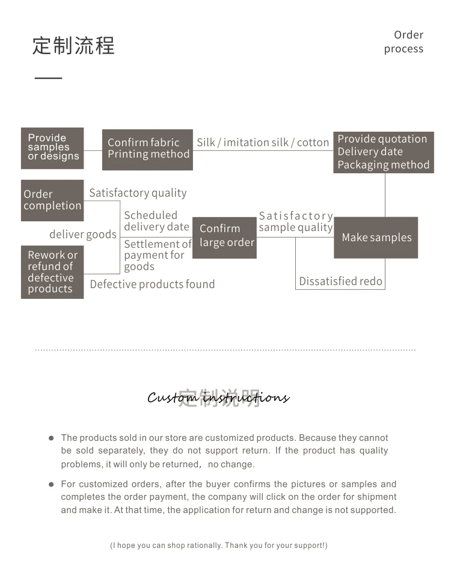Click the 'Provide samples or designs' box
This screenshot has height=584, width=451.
52,148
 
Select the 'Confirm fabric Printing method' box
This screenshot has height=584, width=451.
147,149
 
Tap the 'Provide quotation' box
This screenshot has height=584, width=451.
384,152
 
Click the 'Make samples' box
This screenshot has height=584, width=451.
376,238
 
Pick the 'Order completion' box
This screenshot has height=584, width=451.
52,200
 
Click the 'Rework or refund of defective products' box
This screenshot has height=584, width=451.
52,272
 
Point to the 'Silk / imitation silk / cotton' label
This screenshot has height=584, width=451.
263,143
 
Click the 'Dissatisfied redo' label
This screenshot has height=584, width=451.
340,281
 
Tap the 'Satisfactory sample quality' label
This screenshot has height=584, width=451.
296,221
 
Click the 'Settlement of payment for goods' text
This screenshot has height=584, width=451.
157,255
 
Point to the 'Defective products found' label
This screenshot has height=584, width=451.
152,284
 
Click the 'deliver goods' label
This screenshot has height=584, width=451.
83,235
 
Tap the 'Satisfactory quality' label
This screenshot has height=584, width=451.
138,193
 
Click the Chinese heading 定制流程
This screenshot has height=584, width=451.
73,46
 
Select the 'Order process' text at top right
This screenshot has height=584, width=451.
404,42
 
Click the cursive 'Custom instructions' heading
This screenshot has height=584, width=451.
218,398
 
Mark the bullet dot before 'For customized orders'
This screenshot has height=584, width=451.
51,484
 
